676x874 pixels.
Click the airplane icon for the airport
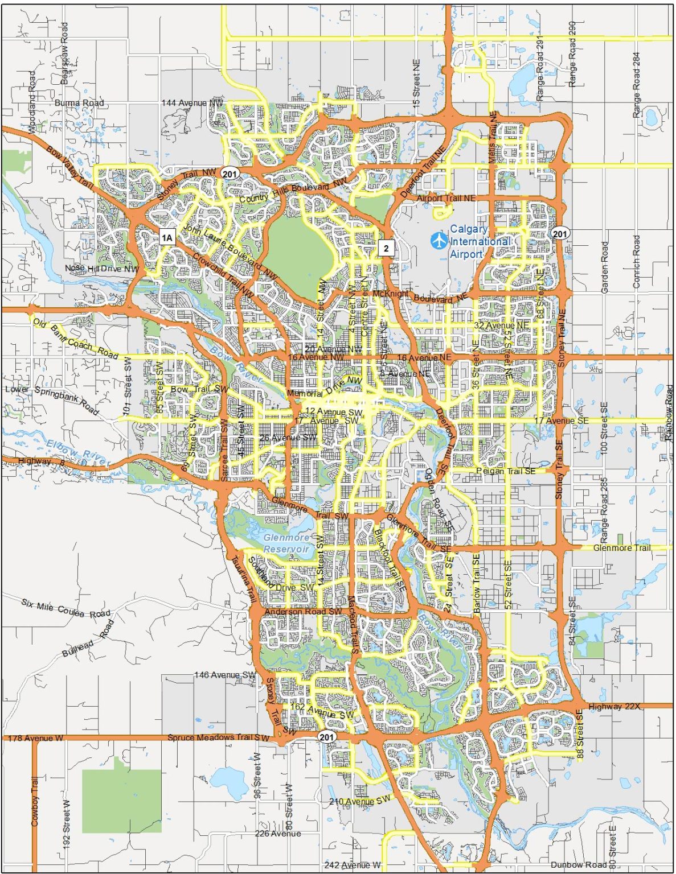click(439, 240)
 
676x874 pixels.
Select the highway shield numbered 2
click(386, 248)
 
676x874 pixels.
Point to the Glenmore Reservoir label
click(286, 543)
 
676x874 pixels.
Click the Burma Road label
click(79, 103)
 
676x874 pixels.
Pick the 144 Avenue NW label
click(192, 103)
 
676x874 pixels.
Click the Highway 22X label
click(614, 707)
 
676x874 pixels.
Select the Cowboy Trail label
click(35, 802)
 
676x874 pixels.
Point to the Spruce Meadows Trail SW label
click(218, 738)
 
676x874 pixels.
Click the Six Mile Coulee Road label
click(66, 608)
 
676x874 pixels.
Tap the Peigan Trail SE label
click(505, 471)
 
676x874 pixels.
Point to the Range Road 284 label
click(636, 85)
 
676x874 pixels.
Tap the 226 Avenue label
click(278, 834)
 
